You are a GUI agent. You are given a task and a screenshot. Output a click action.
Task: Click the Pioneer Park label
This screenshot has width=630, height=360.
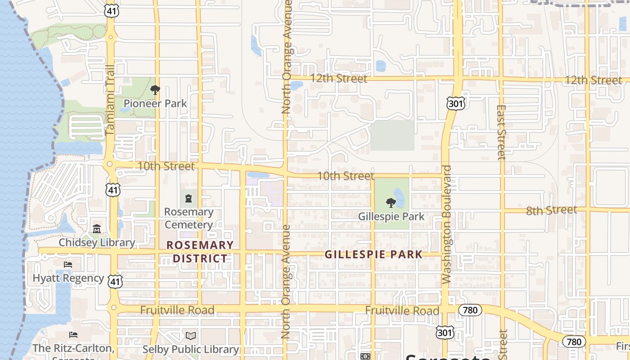[155, 103]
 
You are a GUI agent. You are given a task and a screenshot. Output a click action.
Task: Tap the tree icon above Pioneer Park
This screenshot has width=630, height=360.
[155, 90]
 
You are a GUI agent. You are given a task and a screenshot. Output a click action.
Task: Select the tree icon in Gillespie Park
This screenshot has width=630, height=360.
[391, 203]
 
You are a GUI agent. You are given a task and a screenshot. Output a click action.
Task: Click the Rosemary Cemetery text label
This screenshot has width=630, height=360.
[189, 218]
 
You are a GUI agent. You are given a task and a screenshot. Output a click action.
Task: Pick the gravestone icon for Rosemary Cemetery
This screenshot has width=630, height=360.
[189, 198]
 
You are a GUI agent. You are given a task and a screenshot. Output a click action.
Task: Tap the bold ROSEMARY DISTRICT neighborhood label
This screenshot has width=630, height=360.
[200, 252]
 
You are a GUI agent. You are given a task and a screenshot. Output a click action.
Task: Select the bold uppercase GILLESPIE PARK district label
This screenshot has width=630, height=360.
[373, 255]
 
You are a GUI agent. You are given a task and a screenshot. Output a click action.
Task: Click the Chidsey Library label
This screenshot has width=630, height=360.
[97, 243]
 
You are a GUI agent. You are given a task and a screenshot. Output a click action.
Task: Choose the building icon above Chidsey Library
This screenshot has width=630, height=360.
[97, 229]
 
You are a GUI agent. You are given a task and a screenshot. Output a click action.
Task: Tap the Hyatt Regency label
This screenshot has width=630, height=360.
[68, 278]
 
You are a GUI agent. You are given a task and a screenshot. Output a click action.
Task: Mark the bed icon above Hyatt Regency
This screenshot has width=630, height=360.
[68, 264]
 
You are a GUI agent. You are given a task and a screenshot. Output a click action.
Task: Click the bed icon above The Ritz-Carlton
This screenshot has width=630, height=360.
[73, 335]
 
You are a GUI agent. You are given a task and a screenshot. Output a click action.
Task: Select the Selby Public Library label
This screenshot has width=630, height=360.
[190, 349]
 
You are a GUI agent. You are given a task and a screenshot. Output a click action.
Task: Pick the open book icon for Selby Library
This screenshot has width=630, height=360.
[191, 336]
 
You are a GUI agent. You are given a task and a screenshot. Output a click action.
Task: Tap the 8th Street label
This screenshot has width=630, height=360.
[551, 210]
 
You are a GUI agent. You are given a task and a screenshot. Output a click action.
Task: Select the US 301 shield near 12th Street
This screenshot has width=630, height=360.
[456, 104]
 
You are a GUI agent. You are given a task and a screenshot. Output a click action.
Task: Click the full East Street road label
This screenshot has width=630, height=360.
[502, 132]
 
